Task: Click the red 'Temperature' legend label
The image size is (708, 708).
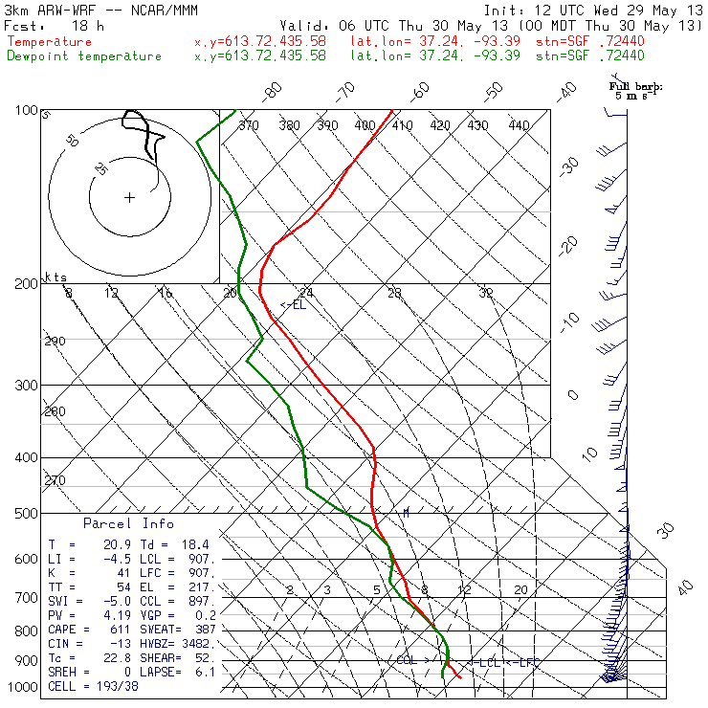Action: tap(50, 42)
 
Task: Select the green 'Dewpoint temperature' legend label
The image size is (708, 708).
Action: tap(84, 56)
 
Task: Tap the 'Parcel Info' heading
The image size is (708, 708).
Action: tap(128, 523)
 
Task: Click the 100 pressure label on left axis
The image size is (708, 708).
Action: tap(26, 111)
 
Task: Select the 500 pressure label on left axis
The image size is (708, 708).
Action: tap(26, 514)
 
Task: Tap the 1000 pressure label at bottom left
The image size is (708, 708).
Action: tap(23, 687)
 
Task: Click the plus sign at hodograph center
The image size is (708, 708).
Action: tap(129, 197)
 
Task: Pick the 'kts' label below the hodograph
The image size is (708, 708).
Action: tap(56, 277)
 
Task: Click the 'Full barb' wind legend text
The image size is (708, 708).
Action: tap(636, 87)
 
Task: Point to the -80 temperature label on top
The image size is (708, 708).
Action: tap(274, 92)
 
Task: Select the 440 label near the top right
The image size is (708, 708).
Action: tap(520, 125)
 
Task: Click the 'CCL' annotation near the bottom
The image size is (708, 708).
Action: tap(407, 660)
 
